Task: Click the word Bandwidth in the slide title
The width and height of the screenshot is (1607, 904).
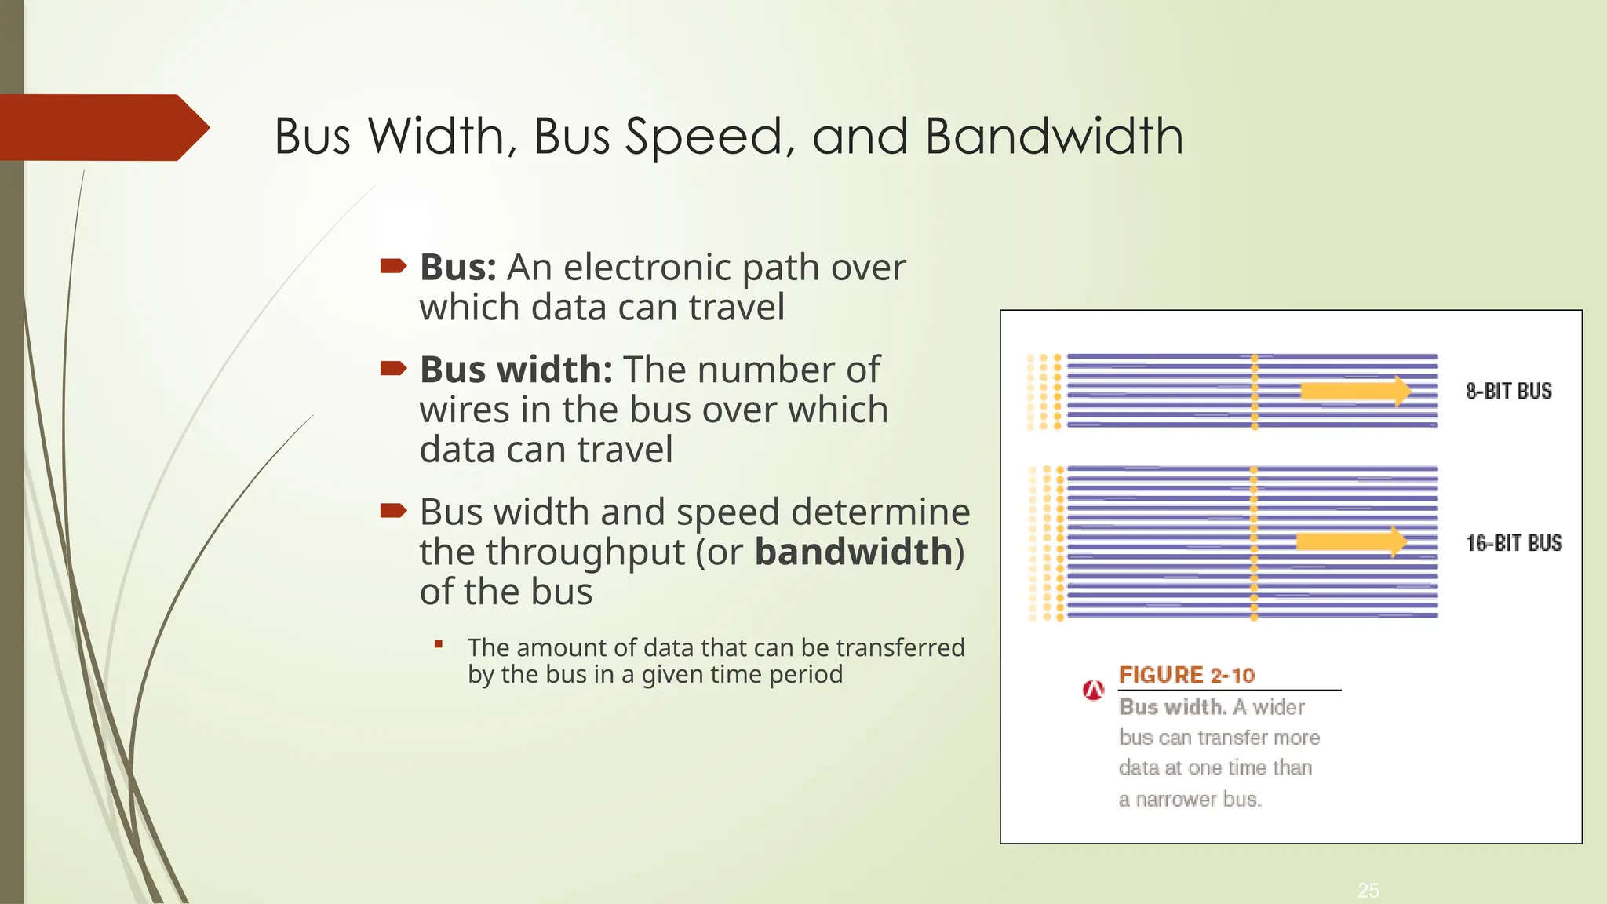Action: [x=1054, y=136]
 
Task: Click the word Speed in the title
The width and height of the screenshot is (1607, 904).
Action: [x=704, y=137]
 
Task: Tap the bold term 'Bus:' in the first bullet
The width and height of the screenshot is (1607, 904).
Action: [x=458, y=268]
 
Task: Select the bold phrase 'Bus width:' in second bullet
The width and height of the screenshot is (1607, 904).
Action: [x=516, y=370]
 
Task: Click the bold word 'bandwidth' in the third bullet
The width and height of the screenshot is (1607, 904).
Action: [x=854, y=552]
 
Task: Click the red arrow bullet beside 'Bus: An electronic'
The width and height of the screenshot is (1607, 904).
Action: [x=393, y=267]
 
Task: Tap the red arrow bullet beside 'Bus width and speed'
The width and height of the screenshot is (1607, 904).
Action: [x=393, y=512]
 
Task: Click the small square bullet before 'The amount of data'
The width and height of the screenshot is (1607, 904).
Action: [x=439, y=645]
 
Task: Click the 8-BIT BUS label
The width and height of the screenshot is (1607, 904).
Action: [x=1508, y=391]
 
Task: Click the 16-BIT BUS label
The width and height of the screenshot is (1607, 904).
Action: [x=1514, y=543]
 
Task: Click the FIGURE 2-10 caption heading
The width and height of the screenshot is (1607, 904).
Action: [x=1186, y=675]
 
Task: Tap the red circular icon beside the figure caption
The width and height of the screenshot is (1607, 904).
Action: [x=1093, y=690]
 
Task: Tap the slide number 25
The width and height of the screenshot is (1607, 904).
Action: [x=1368, y=890]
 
